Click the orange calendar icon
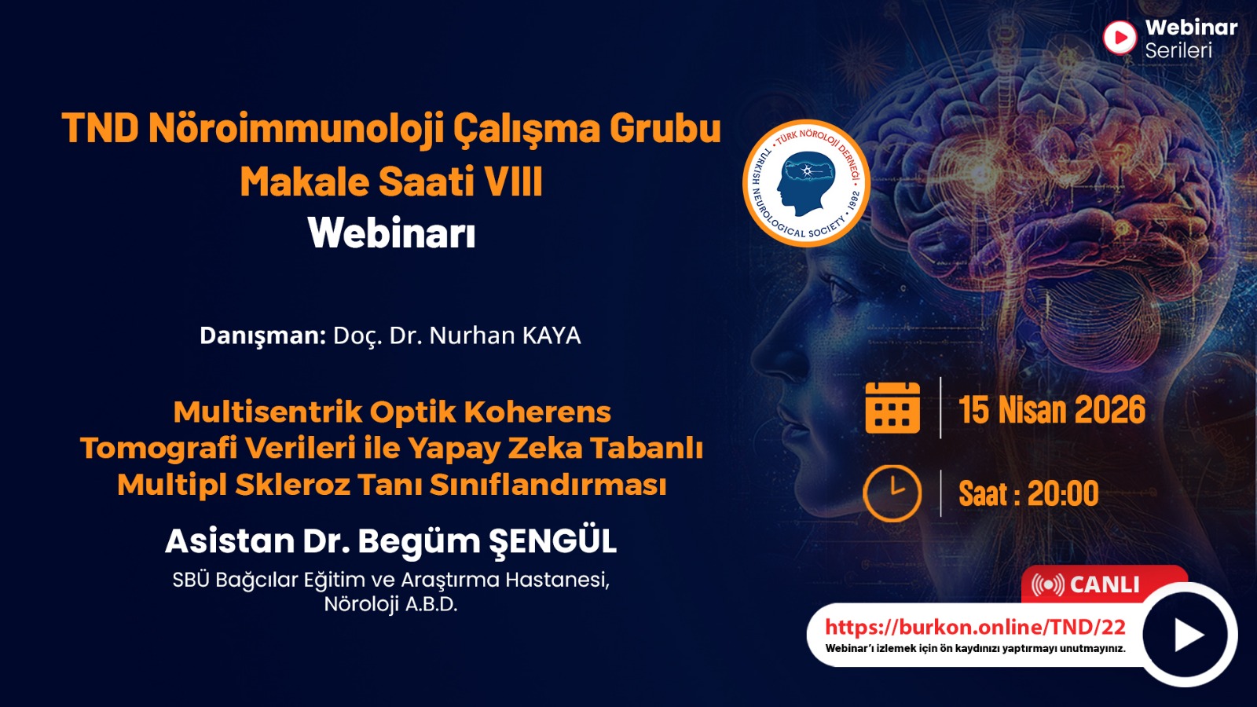click(x=892, y=408)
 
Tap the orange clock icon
click(x=892, y=493)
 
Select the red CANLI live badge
click(x=1104, y=584)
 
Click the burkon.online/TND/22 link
click(x=975, y=627)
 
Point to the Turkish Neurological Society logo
click(x=806, y=184)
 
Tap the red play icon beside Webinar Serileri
click(x=1120, y=38)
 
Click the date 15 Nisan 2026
click(x=1052, y=409)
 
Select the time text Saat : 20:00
click(x=1028, y=494)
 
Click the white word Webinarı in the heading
click(x=392, y=233)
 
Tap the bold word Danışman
click(x=262, y=335)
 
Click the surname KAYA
click(x=552, y=335)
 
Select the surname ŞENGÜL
click(x=552, y=541)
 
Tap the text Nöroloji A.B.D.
click(x=390, y=604)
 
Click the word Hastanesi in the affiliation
click(x=557, y=580)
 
